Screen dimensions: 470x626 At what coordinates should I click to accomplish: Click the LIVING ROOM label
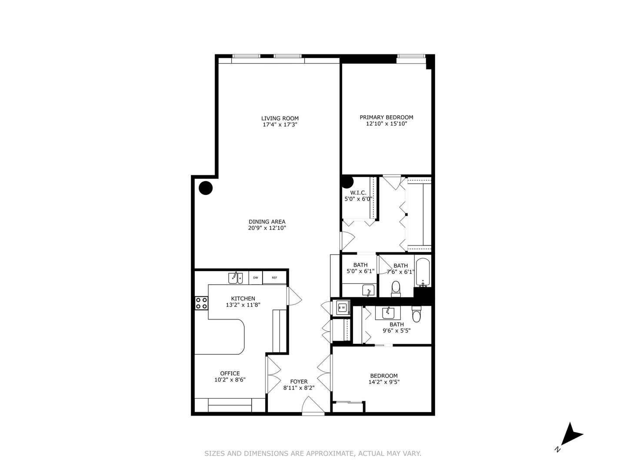click(x=280, y=118)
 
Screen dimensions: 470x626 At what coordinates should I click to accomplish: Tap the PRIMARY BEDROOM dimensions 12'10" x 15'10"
click(x=386, y=124)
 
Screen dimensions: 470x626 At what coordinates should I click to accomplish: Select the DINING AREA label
click(x=267, y=222)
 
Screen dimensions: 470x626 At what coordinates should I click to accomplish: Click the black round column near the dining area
click(x=206, y=188)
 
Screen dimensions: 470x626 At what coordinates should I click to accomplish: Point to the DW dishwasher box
click(x=256, y=278)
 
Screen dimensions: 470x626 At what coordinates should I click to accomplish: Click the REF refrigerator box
click(x=274, y=278)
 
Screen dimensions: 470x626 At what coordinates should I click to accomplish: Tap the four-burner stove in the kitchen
click(x=201, y=303)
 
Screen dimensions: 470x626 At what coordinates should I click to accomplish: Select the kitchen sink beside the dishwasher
click(x=235, y=278)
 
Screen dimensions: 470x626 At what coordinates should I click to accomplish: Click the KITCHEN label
click(x=243, y=299)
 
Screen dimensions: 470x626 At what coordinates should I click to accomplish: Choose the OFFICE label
click(x=230, y=373)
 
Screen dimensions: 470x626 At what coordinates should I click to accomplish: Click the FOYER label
click(x=299, y=382)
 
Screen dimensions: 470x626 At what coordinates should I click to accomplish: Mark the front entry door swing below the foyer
click(x=313, y=406)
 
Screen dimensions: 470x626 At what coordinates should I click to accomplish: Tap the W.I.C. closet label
click(x=358, y=193)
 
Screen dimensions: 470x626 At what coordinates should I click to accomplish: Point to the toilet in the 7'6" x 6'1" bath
click(x=396, y=288)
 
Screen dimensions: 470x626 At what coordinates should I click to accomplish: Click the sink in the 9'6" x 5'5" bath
click(x=388, y=313)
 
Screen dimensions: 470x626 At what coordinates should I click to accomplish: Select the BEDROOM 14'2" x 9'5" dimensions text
click(x=384, y=382)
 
